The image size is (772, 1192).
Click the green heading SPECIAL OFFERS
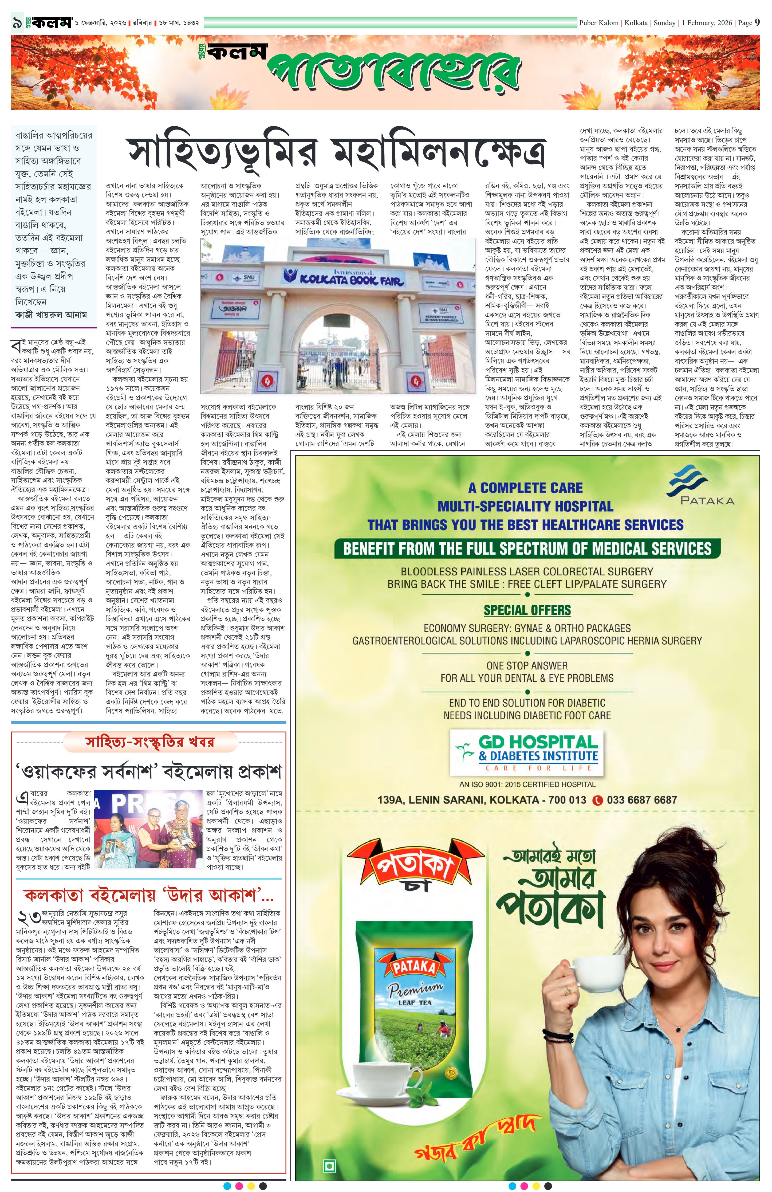(x=527, y=610)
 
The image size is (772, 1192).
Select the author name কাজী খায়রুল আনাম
(x=51, y=315)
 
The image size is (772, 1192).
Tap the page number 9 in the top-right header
(x=757, y=22)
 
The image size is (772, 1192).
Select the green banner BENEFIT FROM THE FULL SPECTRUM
(x=527, y=548)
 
